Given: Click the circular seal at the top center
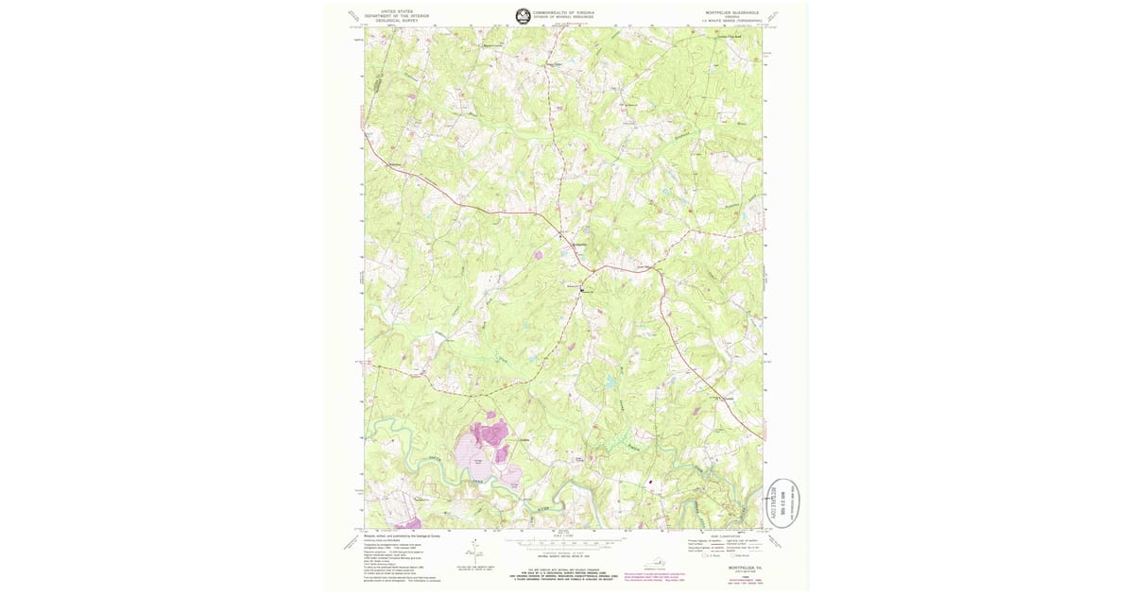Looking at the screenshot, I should point(523,14).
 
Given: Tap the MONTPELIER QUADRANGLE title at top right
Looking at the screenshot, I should point(733,11).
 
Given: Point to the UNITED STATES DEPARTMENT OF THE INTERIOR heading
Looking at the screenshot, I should point(396,15).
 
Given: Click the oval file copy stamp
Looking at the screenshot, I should point(785,501).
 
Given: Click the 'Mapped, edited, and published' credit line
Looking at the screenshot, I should point(402,535).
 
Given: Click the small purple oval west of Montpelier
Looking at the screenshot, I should point(539,254).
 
